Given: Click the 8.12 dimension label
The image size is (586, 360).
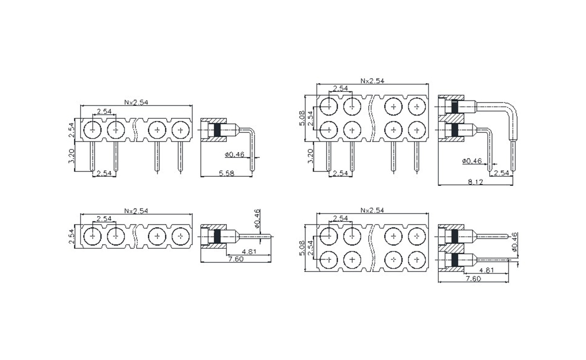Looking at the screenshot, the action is click(x=475, y=182).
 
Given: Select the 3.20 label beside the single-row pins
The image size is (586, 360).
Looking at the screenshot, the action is click(x=73, y=156).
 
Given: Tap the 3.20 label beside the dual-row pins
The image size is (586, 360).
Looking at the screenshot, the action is click(x=310, y=156).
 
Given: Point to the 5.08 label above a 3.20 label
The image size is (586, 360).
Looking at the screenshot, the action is click(x=302, y=118).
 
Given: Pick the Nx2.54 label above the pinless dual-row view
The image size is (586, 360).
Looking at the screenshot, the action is click(x=372, y=211).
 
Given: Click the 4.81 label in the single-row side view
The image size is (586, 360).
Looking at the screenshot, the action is click(x=249, y=251).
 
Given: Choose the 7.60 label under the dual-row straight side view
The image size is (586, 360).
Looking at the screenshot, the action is click(x=473, y=278).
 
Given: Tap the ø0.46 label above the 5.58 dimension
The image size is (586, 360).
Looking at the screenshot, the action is click(x=234, y=154).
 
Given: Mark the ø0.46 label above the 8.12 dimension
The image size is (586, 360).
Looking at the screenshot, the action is click(x=471, y=161).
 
